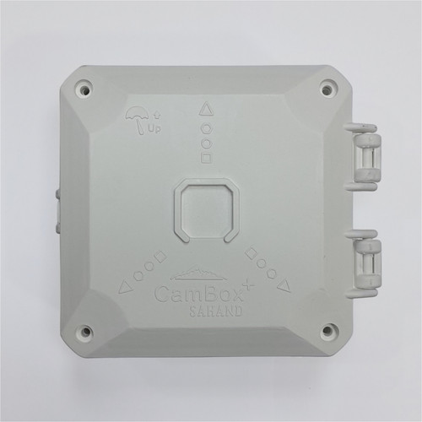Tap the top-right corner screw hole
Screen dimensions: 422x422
click(x=327, y=90)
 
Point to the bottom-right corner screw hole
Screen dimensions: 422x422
click(x=327, y=330)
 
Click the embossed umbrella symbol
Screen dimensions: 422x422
click(x=137, y=119)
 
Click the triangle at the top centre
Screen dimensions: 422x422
click(x=206, y=110)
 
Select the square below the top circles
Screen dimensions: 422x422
click(x=207, y=157)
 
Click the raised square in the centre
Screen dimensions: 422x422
click(x=207, y=209)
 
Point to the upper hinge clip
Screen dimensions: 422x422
click(x=364, y=157)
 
